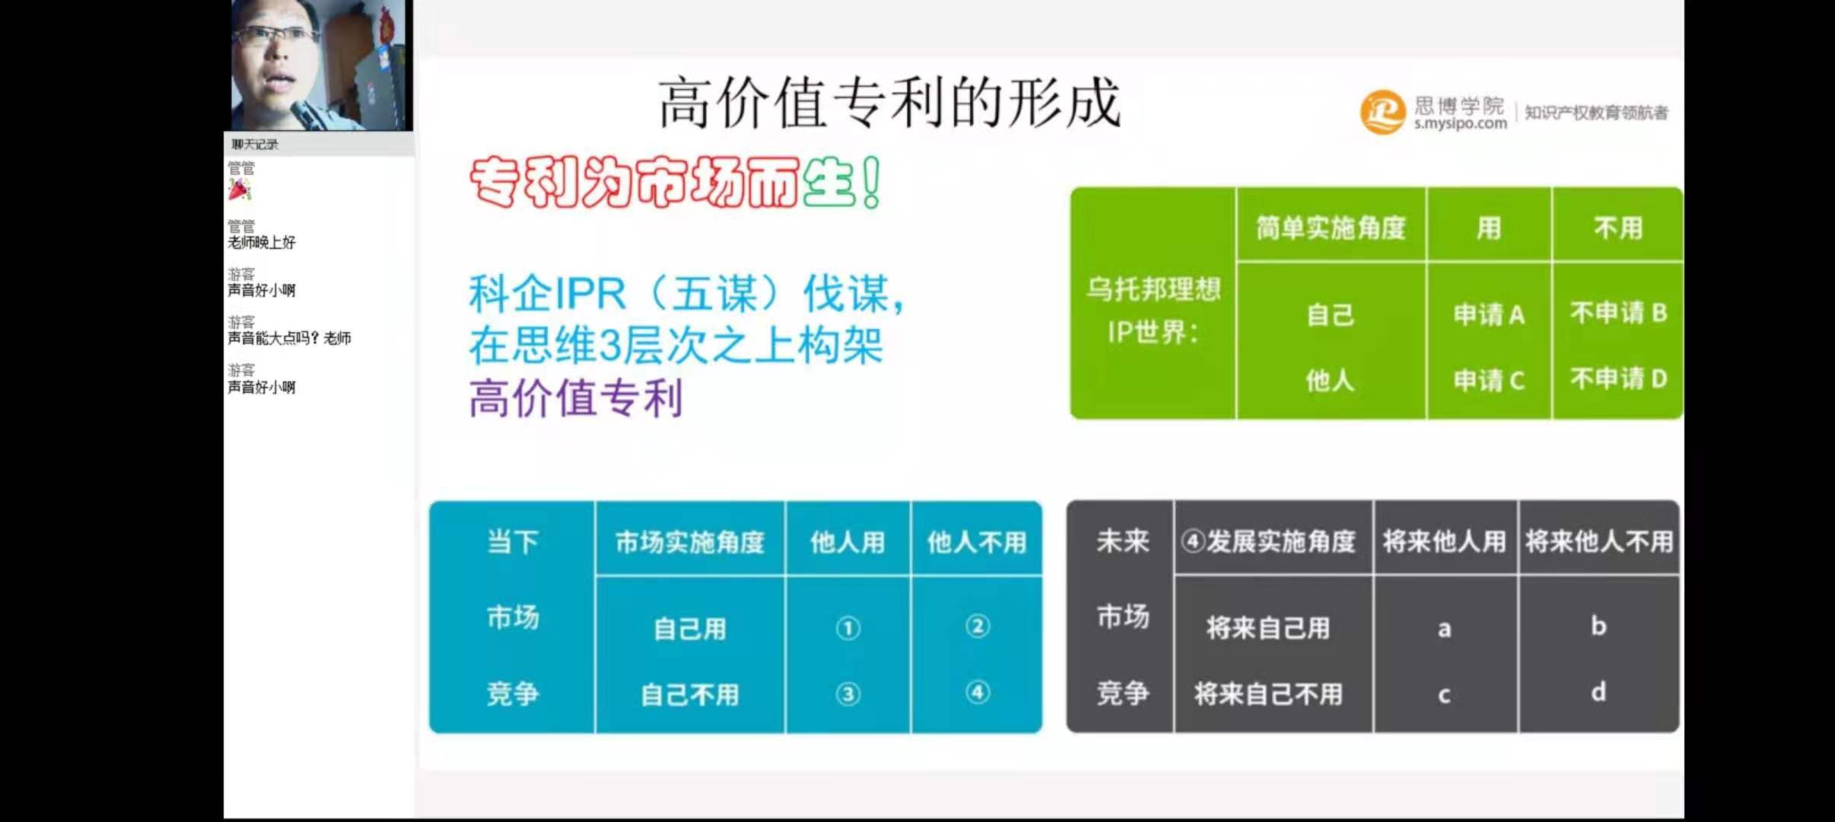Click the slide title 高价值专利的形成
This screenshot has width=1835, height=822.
(889, 104)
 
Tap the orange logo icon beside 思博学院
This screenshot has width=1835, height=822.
(1382, 112)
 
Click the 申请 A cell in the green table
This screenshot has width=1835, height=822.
(1489, 314)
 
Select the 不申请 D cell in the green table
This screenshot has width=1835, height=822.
(1618, 378)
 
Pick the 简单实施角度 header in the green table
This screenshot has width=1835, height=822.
(1331, 228)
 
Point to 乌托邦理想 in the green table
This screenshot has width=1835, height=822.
(1153, 288)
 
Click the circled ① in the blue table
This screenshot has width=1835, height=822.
(848, 628)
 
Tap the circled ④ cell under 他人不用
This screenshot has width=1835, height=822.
(978, 692)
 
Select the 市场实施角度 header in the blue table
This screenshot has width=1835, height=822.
(689, 542)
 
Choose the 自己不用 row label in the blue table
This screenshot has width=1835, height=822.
(689, 694)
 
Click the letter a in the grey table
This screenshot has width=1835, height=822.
(1444, 629)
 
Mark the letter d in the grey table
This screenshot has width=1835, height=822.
(1598, 691)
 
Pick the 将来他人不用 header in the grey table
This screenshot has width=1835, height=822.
(1598, 541)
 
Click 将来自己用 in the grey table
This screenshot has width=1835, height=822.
(1267, 628)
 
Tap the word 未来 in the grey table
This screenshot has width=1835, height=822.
(1122, 541)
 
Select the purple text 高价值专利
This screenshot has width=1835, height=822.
(575, 399)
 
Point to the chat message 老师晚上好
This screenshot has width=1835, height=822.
(262, 242)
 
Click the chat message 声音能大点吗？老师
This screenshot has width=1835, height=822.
(289, 338)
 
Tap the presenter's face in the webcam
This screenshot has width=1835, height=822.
(276, 57)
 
